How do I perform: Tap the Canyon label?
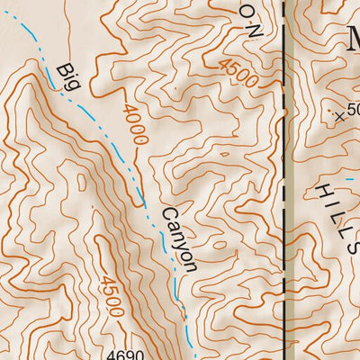[x=178, y=239]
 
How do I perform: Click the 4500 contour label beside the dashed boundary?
[x=238, y=74]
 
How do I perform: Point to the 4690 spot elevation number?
[x=123, y=355]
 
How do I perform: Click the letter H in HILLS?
[x=322, y=190]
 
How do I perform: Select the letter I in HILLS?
[x=329, y=202]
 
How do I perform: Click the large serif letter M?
[x=348, y=40]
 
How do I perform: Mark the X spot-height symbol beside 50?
[x=339, y=115]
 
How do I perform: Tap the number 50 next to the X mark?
[x=352, y=110]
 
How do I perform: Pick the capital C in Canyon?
[x=168, y=214]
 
